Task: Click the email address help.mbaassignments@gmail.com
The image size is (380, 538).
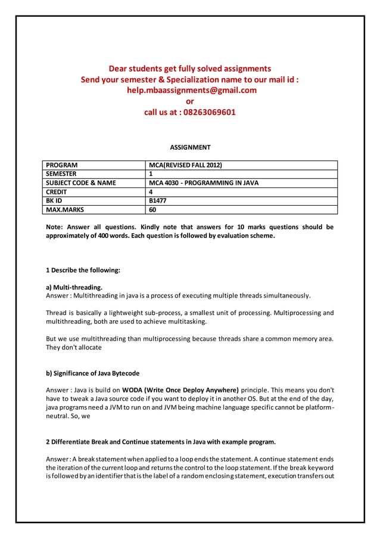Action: tap(192, 90)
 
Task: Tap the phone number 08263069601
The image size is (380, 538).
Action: tap(208, 112)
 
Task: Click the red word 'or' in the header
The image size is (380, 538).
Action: tap(190, 101)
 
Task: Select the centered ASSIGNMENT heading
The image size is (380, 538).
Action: tap(190, 147)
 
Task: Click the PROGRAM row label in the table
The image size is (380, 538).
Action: tap(62, 165)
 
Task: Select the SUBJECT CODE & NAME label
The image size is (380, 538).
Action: tap(81, 183)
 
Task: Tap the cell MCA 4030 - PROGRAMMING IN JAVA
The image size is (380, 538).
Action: tap(203, 183)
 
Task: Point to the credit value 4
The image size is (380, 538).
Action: tap(151, 192)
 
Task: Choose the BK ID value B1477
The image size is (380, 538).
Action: tap(157, 201)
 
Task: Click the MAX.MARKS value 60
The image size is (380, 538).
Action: tap(152, 210)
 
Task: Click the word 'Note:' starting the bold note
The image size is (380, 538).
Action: tap(55, 227)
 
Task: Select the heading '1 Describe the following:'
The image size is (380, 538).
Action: tap(83, 270)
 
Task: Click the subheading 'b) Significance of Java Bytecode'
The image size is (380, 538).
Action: tap(93, 374)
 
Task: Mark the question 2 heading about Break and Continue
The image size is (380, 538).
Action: tap(161, 443)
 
